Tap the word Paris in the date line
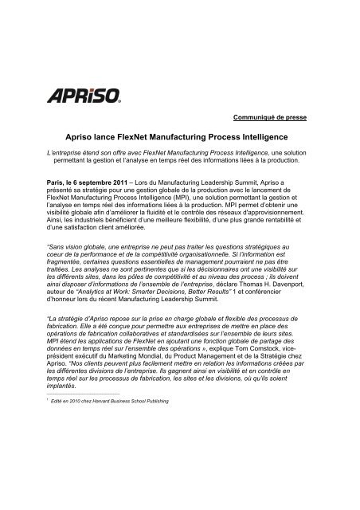click(x=57, y=182)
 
